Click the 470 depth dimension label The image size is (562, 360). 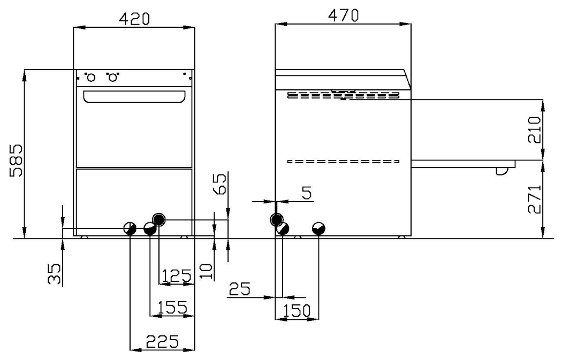(343, 16)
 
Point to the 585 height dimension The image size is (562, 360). (16, 159)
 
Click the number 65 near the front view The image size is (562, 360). (221, 183)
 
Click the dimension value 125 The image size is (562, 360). (177, 276)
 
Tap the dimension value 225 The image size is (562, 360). (163, 341)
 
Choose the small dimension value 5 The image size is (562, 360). (306, 193)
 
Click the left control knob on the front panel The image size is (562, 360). (91, 78)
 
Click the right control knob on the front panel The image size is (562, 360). (112, 78)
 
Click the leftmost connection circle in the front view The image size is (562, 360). (130, 228)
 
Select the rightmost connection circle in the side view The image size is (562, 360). (319, 228)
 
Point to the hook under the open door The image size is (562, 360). (501, 171)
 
